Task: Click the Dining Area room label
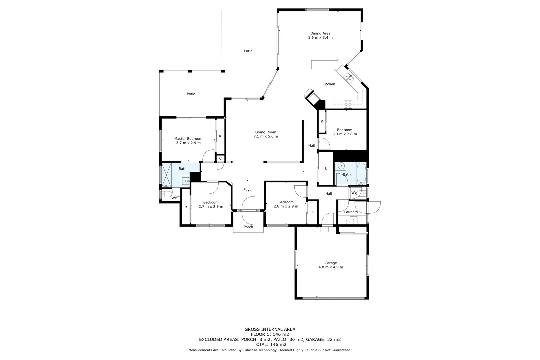[x=320, y=33]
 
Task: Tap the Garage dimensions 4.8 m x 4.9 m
[x=331, y=267]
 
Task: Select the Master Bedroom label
[x=188, y=139]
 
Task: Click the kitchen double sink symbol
[x=349, y=78]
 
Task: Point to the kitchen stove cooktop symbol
[x=348, y=104]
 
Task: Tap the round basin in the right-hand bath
[x=341, y=166]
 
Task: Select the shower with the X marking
[x=166, y=175]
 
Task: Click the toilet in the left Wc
[x=166, y=194]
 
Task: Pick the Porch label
[x=248, y=227]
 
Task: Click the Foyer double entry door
[x=248, y=209]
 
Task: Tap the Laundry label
[x=351, y=212]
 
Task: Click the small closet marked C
[x=220, y=158]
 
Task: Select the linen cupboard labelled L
[x=326, y=169]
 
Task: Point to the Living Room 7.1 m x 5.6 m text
[x=266, y=136]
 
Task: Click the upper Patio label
[x=248, y=51]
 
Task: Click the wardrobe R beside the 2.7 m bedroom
[x=186, y=207]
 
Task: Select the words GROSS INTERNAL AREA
[x=270, y=329]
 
